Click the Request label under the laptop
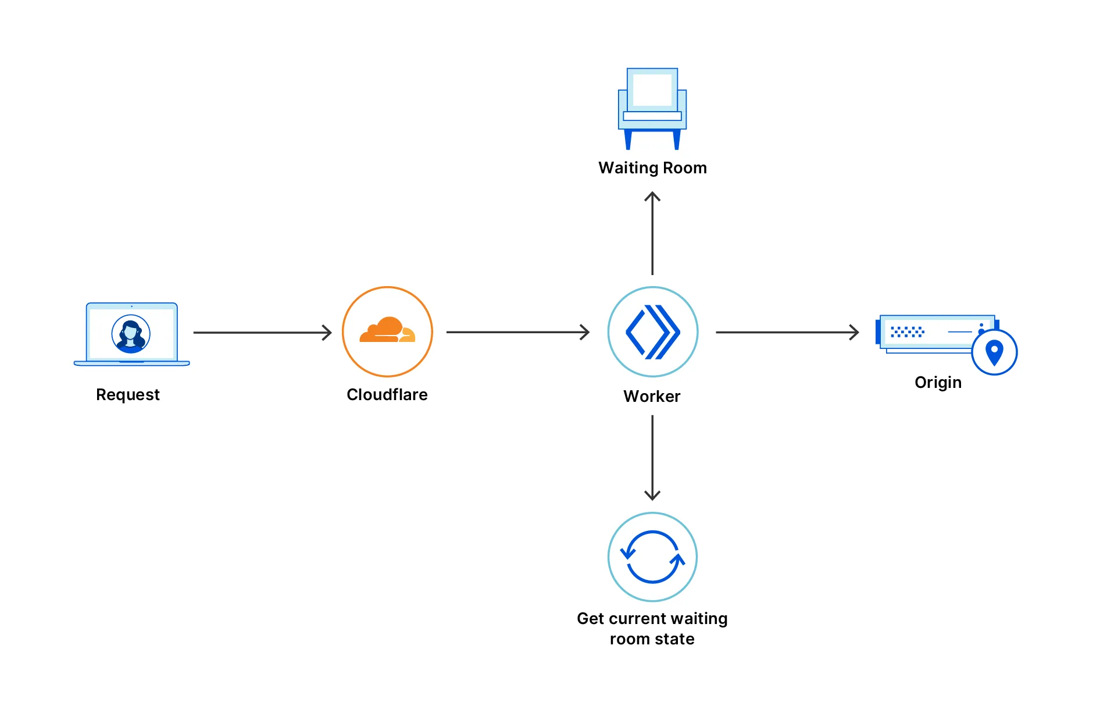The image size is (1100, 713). (127, 394)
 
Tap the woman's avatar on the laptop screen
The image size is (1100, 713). (131, 334)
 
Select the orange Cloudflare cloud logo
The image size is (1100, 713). (387, 330)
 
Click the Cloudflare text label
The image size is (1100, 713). (387, 394)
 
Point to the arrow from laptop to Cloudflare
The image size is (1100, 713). (262, 333)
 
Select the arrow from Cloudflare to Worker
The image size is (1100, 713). (517, 332)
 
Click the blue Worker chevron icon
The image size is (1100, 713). (652, 332)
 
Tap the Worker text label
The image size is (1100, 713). (652, 396)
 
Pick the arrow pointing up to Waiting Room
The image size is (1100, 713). (652, 233)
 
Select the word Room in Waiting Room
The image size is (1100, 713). (685, 167)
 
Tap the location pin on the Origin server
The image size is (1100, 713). (994, 352)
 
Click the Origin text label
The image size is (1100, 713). (938, 382)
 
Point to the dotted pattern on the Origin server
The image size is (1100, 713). (907, 331)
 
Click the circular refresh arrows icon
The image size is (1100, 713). (652, 557)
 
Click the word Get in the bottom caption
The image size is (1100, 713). (590, 618)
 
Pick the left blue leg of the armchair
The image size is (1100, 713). (628, 140)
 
